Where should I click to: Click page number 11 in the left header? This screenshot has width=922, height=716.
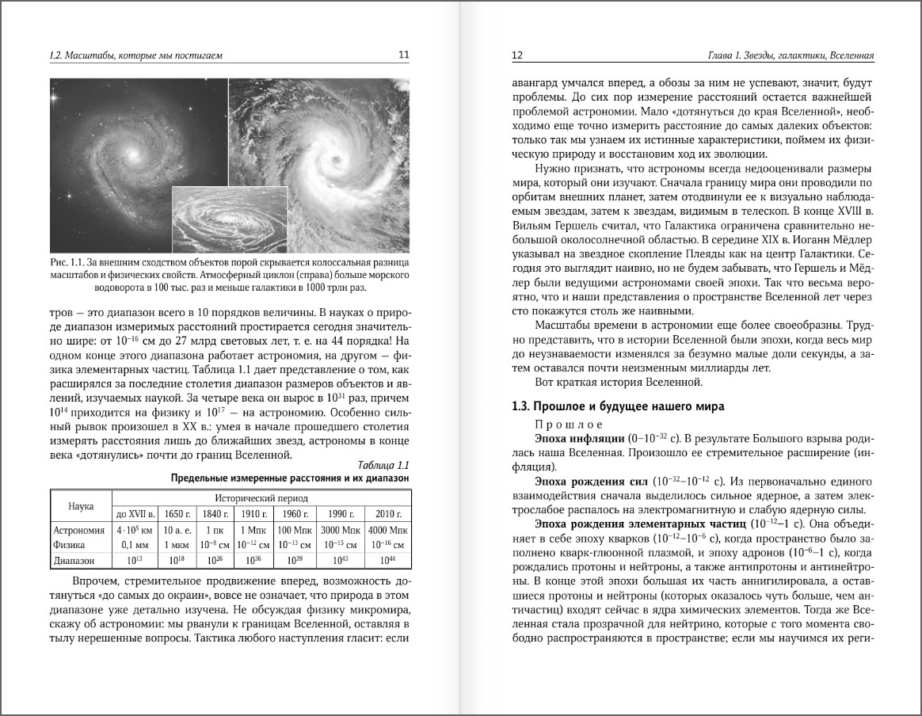pyautogui.click(x=403, y=55)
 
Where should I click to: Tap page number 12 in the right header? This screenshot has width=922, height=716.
pyautogui.click(x=517, y=55)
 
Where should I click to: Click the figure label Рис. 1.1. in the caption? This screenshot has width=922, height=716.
pyautogui.click(x=67, y=262)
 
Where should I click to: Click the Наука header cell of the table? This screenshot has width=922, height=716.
pyautogui.click(x=82, y=505)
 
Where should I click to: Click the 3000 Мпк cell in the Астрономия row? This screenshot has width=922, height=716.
pyautogui.click(x=341, y=530)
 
